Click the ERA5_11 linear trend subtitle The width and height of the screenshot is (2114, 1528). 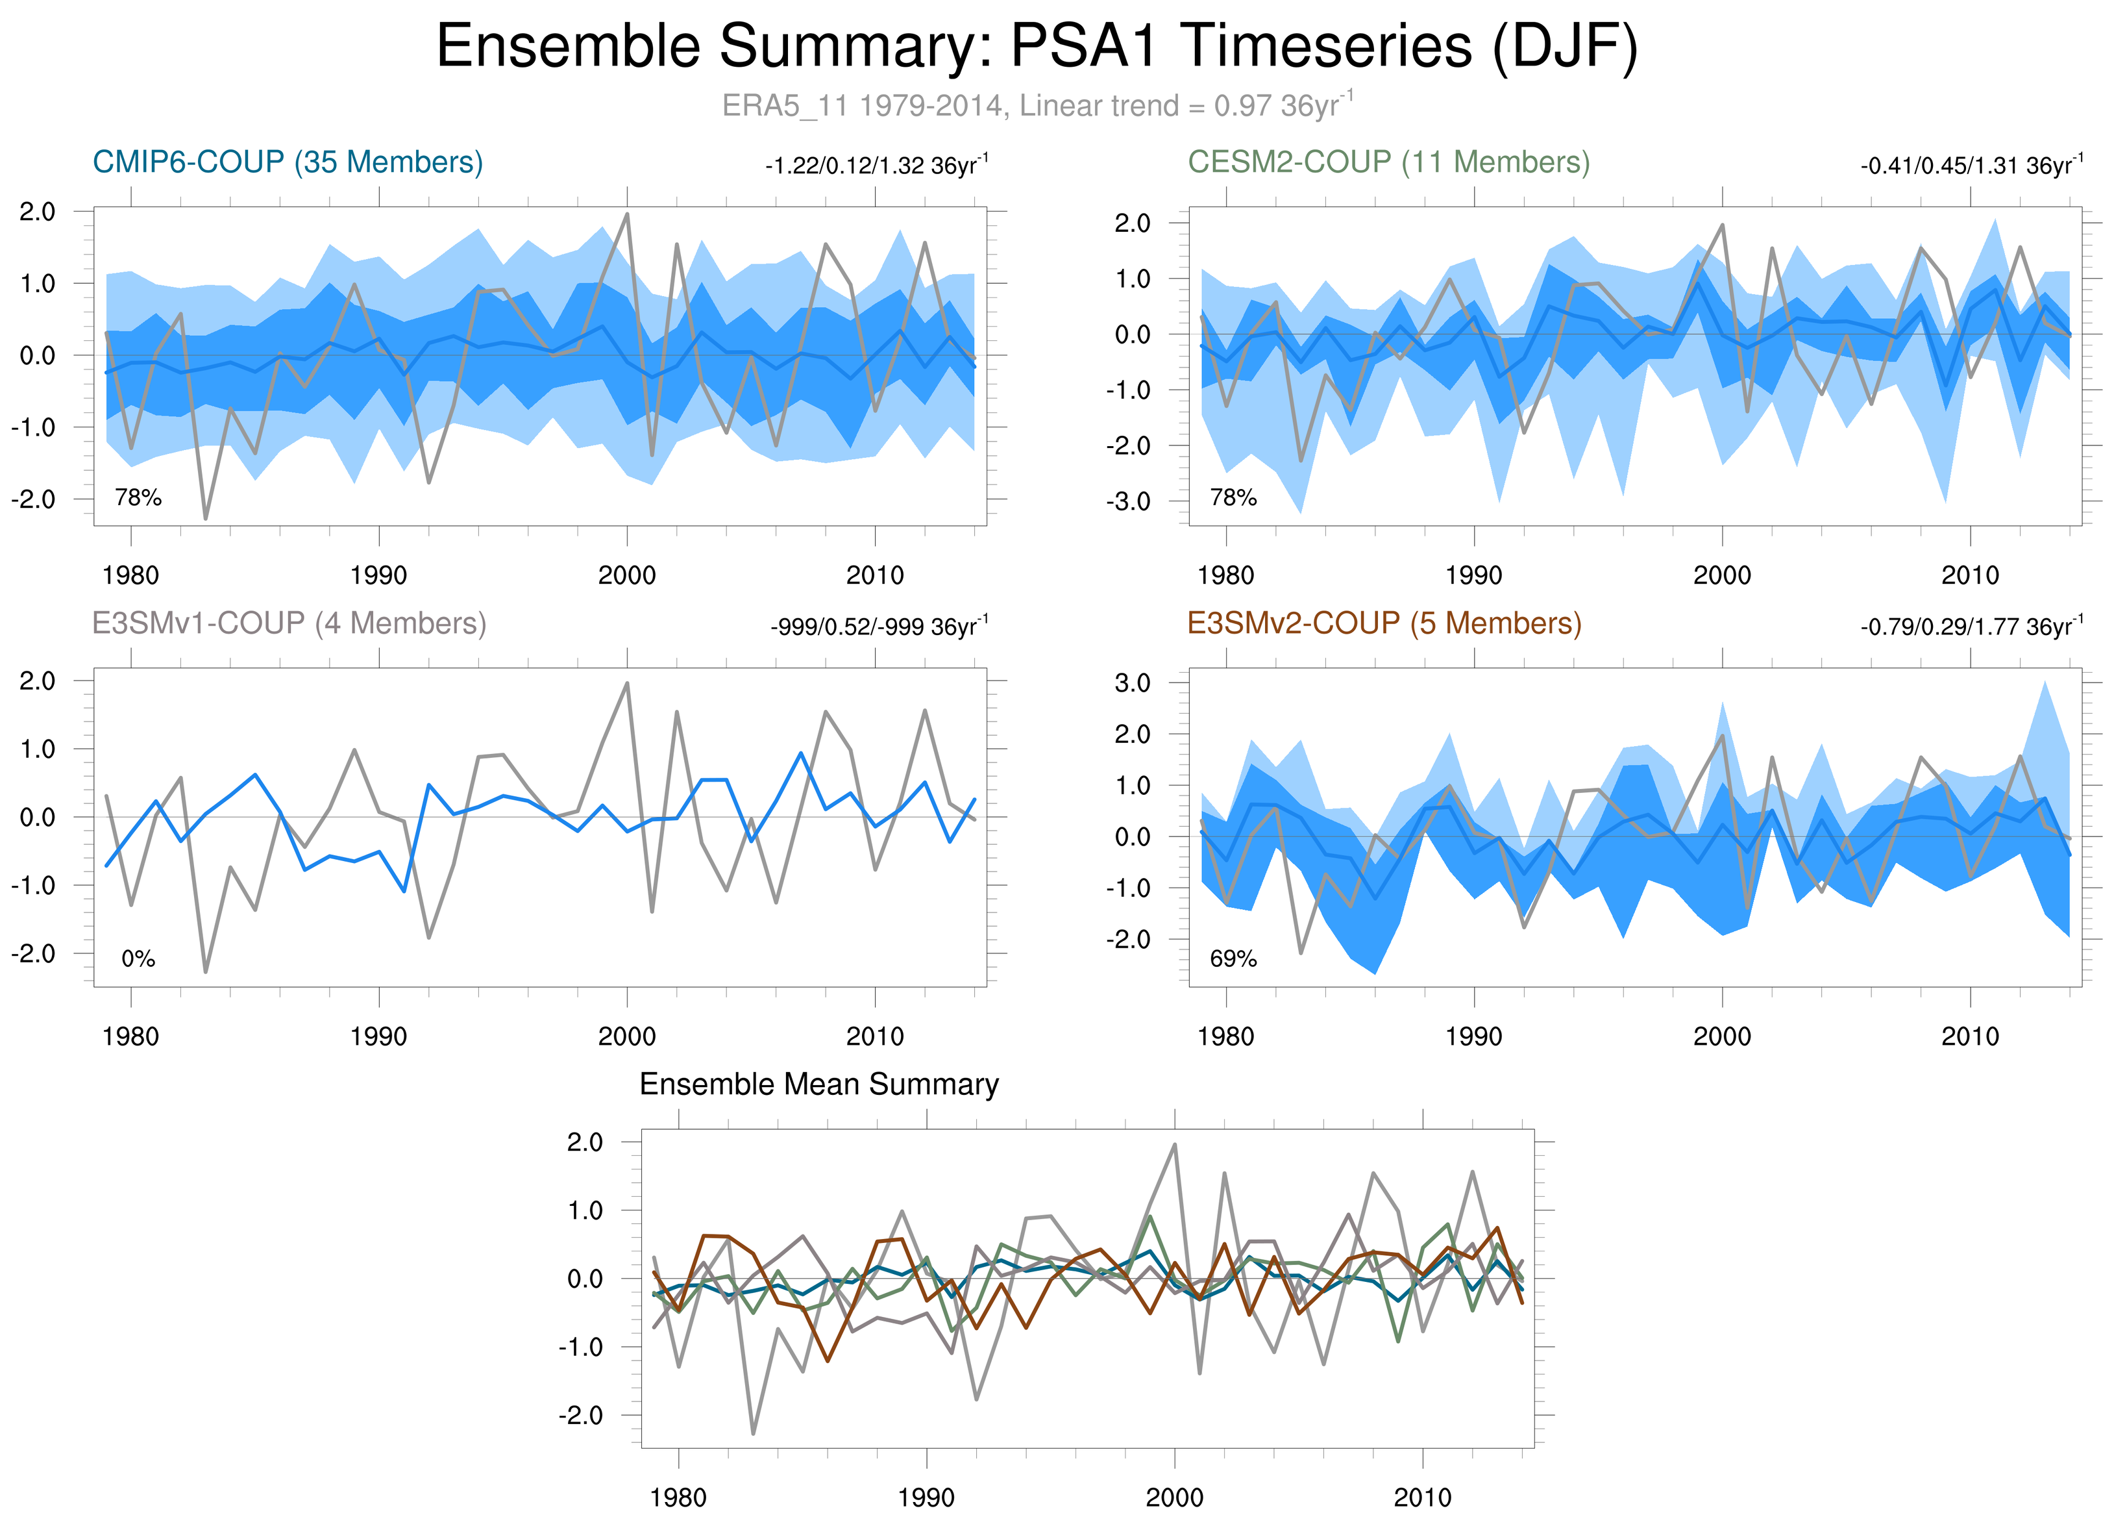pos(1037,105)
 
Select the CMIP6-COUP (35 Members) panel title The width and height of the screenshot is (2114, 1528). pos(287,162)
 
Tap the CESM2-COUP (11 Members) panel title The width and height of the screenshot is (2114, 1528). pos(1388,162)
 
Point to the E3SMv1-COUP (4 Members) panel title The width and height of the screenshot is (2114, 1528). pos(289,623)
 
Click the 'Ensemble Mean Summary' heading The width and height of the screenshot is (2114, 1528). pos(818,1084)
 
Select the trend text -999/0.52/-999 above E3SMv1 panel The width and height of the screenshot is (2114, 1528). pos(878,627)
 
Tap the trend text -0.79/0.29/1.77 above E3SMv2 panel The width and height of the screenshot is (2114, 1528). pos(1971,627)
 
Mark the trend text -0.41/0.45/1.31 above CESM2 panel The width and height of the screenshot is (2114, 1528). pos(1971,166)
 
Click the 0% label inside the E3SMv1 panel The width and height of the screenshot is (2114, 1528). pos(138,958)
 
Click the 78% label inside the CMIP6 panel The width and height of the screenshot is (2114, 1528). pos(138,498)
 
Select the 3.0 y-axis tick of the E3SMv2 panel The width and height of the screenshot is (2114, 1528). pos(1133,683)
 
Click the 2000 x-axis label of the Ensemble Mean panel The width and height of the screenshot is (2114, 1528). pos(1174,1498)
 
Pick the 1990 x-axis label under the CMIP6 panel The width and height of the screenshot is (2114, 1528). pos(378,575)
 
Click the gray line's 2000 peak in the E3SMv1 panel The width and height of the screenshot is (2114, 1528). pos(627,683)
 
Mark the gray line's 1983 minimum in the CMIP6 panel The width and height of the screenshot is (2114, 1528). pos(205,518)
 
